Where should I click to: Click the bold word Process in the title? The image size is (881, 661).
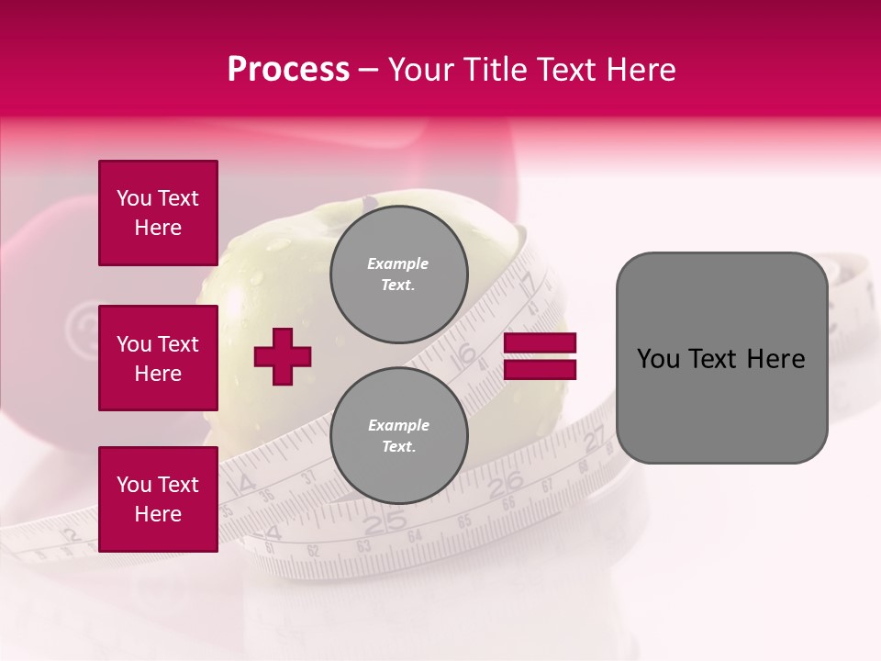tap(288, 70)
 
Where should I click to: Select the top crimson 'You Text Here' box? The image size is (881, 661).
tap(158, 213)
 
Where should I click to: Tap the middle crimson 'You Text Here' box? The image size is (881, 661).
tap(158, 358)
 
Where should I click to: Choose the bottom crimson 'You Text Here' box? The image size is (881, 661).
tap(158, 499)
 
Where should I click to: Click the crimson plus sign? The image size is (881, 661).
tap(283, 356)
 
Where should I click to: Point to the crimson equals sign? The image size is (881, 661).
tap(541, 356)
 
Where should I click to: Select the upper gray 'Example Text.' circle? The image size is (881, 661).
tap(398, 274)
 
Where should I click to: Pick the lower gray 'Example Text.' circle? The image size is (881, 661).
tap(398, 436)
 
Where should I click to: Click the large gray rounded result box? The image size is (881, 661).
tap(721, 358)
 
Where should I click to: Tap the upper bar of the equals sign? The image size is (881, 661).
tap(541, 343)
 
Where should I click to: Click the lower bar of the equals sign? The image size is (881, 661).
tap(541, 369)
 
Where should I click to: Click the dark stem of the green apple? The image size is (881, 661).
tap(369, 201)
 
